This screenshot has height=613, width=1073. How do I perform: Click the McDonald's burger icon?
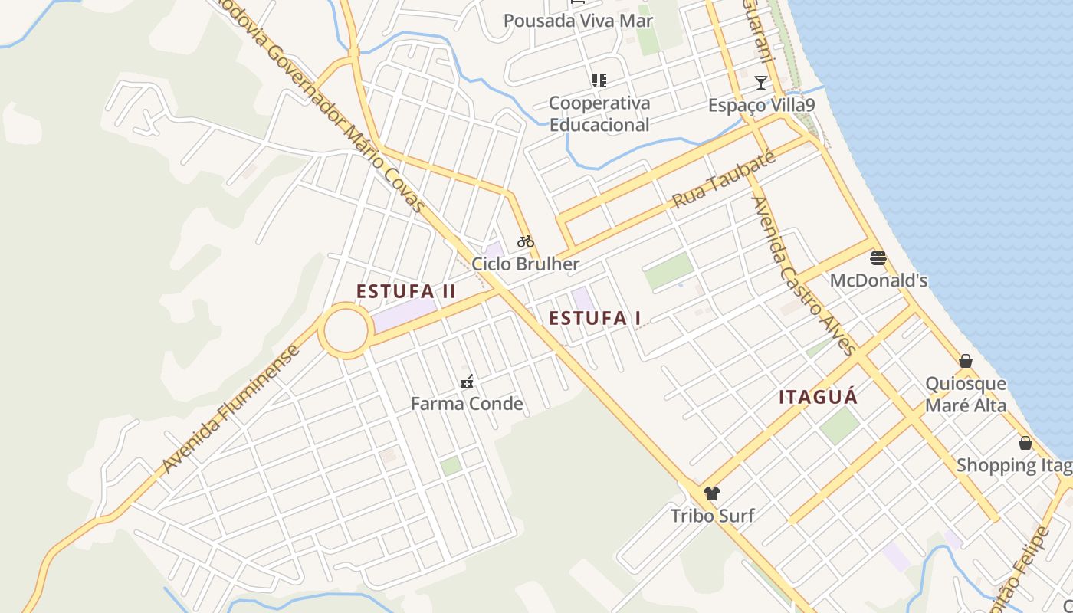click(878, 258)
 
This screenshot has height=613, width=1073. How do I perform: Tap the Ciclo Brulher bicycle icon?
click(525, 241)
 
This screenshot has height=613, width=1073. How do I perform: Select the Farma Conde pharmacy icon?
click(467, 381)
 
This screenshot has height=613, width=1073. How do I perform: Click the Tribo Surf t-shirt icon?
click(712, 493)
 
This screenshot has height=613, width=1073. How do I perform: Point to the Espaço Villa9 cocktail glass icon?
click(760, 83)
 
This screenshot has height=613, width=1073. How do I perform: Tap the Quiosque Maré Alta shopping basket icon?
click(966, 361)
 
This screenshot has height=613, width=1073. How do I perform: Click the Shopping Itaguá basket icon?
click(1025, 443)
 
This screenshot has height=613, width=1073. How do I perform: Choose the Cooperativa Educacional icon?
click(599, 80)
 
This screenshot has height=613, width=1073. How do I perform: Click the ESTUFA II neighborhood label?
click(406, 291)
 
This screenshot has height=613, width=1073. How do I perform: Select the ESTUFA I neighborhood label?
click(595, 318)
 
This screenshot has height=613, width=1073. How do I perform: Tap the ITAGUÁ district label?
click(818, 398)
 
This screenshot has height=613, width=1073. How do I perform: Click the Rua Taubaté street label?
click(724, 180)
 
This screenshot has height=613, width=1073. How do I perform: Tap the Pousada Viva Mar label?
click(578, 21)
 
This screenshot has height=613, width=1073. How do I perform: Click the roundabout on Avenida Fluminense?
click(346, 330)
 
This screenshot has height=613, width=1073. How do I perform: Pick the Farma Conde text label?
click(467, 404)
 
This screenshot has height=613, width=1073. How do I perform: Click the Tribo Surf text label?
click(712, 516)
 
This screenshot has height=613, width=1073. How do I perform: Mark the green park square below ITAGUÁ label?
click(839, 425)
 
